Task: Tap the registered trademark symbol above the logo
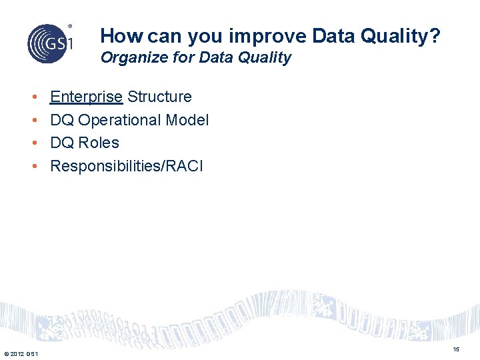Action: (71, 26)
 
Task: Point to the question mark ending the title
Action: (435, 36)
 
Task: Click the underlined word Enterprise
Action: (86, 97)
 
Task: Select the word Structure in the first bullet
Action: (159, 97)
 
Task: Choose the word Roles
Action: (99, 143)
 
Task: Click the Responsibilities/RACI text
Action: (126, 166)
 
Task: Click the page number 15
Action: (456, 349)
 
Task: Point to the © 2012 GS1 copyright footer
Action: (21, 353)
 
